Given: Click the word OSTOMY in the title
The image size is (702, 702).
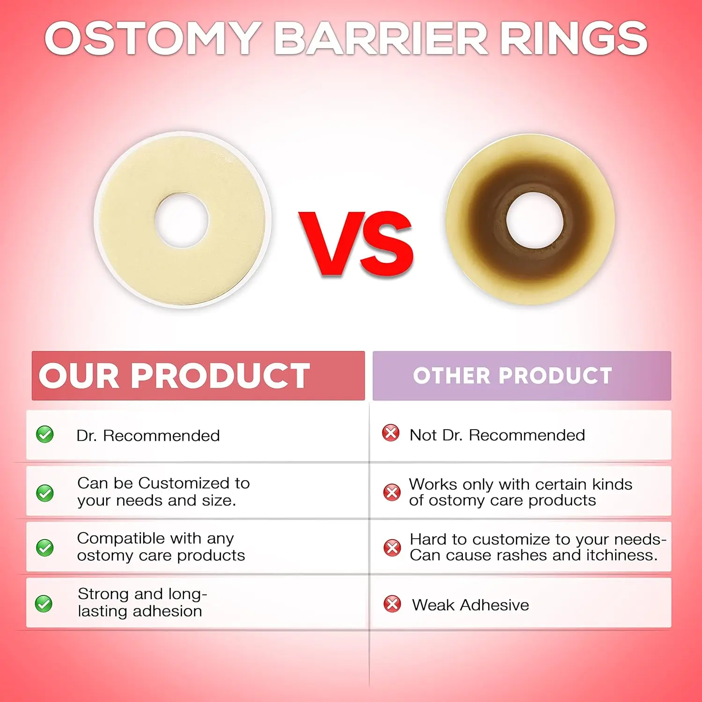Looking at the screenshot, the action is [x=153, y=38].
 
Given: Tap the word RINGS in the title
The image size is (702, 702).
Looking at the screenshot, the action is [x=574, y=38].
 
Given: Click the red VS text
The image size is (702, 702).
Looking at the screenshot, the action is [x=356, y=243].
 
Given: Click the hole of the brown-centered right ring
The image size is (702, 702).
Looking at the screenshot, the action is [x=534, y=220].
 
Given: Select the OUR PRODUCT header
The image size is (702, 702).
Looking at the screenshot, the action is [x=174, y=375].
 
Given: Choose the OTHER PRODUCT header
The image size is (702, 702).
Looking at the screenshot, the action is [x=512, y=375].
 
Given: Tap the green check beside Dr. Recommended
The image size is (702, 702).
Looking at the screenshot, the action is [x=45, y=434].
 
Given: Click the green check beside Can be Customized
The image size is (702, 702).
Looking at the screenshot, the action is [x=45, y=493].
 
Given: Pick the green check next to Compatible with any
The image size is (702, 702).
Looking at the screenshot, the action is [x=45, y=548].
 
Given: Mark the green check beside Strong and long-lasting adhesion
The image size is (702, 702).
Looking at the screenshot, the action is [x=44, y=604].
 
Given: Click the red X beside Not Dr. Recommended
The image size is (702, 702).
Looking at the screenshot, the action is [x=391, y=433].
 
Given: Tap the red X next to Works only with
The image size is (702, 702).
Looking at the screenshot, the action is [x=392, y=492].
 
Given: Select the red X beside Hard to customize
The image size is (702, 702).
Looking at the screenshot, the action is [x=392, y=548].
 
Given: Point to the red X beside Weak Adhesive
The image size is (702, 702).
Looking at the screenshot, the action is [x=392, y=604].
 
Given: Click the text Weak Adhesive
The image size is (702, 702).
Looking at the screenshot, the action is [x=470, y=605].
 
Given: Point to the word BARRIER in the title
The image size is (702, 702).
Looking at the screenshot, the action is [x=381, y=38].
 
